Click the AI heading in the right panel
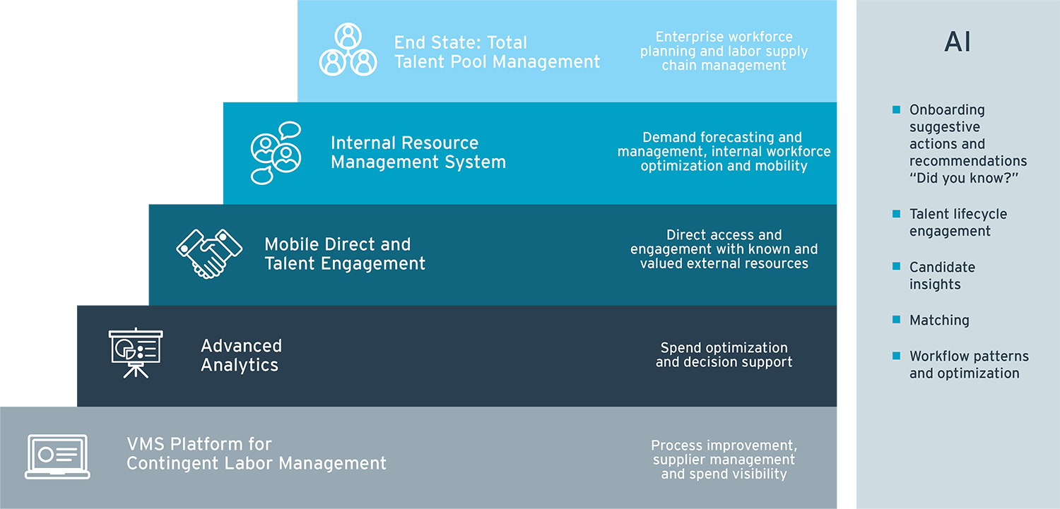pos(958,42)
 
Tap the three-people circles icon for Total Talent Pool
pos(347,49)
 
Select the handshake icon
pos(208,253)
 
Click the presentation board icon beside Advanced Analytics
pos(136,352)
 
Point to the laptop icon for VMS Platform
pos(57,456)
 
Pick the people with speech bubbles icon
pos(276,152)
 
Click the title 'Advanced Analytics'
pos(241,355)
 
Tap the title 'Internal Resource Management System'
pos(418,152)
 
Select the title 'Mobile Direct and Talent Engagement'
pos(345,254)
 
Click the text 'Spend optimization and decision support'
pos(724,355)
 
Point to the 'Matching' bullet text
pos(939,321)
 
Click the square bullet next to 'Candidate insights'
pos(896,267)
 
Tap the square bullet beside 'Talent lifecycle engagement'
pos(896,214)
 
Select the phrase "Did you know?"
pos(963,178)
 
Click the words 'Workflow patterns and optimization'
pos(968,365)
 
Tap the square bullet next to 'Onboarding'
pos(896,109)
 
